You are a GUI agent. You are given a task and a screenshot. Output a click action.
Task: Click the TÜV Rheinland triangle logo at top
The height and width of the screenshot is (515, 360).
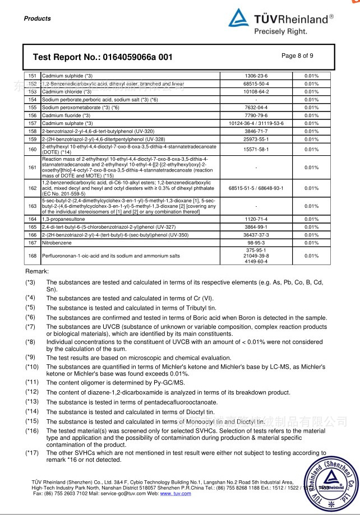[x=238, y=19]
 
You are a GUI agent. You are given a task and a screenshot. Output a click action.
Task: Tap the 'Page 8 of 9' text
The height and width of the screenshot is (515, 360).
[x=297, y=55]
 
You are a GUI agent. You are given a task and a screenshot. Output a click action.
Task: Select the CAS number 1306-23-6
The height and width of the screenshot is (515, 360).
[x=257, y=76]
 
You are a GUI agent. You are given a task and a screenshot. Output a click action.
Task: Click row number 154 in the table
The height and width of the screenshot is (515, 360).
[x=32, y=99]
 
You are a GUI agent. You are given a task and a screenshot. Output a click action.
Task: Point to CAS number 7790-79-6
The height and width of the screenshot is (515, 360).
[x=257, y=115]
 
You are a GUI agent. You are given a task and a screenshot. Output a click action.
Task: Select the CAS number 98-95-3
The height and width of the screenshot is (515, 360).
[x=256, y=243]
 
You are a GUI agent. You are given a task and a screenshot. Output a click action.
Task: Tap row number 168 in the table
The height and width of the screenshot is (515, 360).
[x=32, y=256]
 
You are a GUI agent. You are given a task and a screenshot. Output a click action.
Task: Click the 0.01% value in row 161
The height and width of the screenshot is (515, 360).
[x=311, y=167]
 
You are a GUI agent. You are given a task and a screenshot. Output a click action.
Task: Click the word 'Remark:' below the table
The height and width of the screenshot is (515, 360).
[x=37, y=271]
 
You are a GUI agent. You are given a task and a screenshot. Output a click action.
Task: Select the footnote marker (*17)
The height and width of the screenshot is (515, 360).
[x=32, y=453]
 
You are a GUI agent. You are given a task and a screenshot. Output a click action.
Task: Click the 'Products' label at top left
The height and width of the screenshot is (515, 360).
[x=38, y=18]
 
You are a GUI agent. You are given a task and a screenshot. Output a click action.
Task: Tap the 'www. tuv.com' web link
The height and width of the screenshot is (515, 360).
[x=176, y=493]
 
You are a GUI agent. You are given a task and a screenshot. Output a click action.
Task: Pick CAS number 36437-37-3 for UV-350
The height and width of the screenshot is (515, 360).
[x=256, y=235]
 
